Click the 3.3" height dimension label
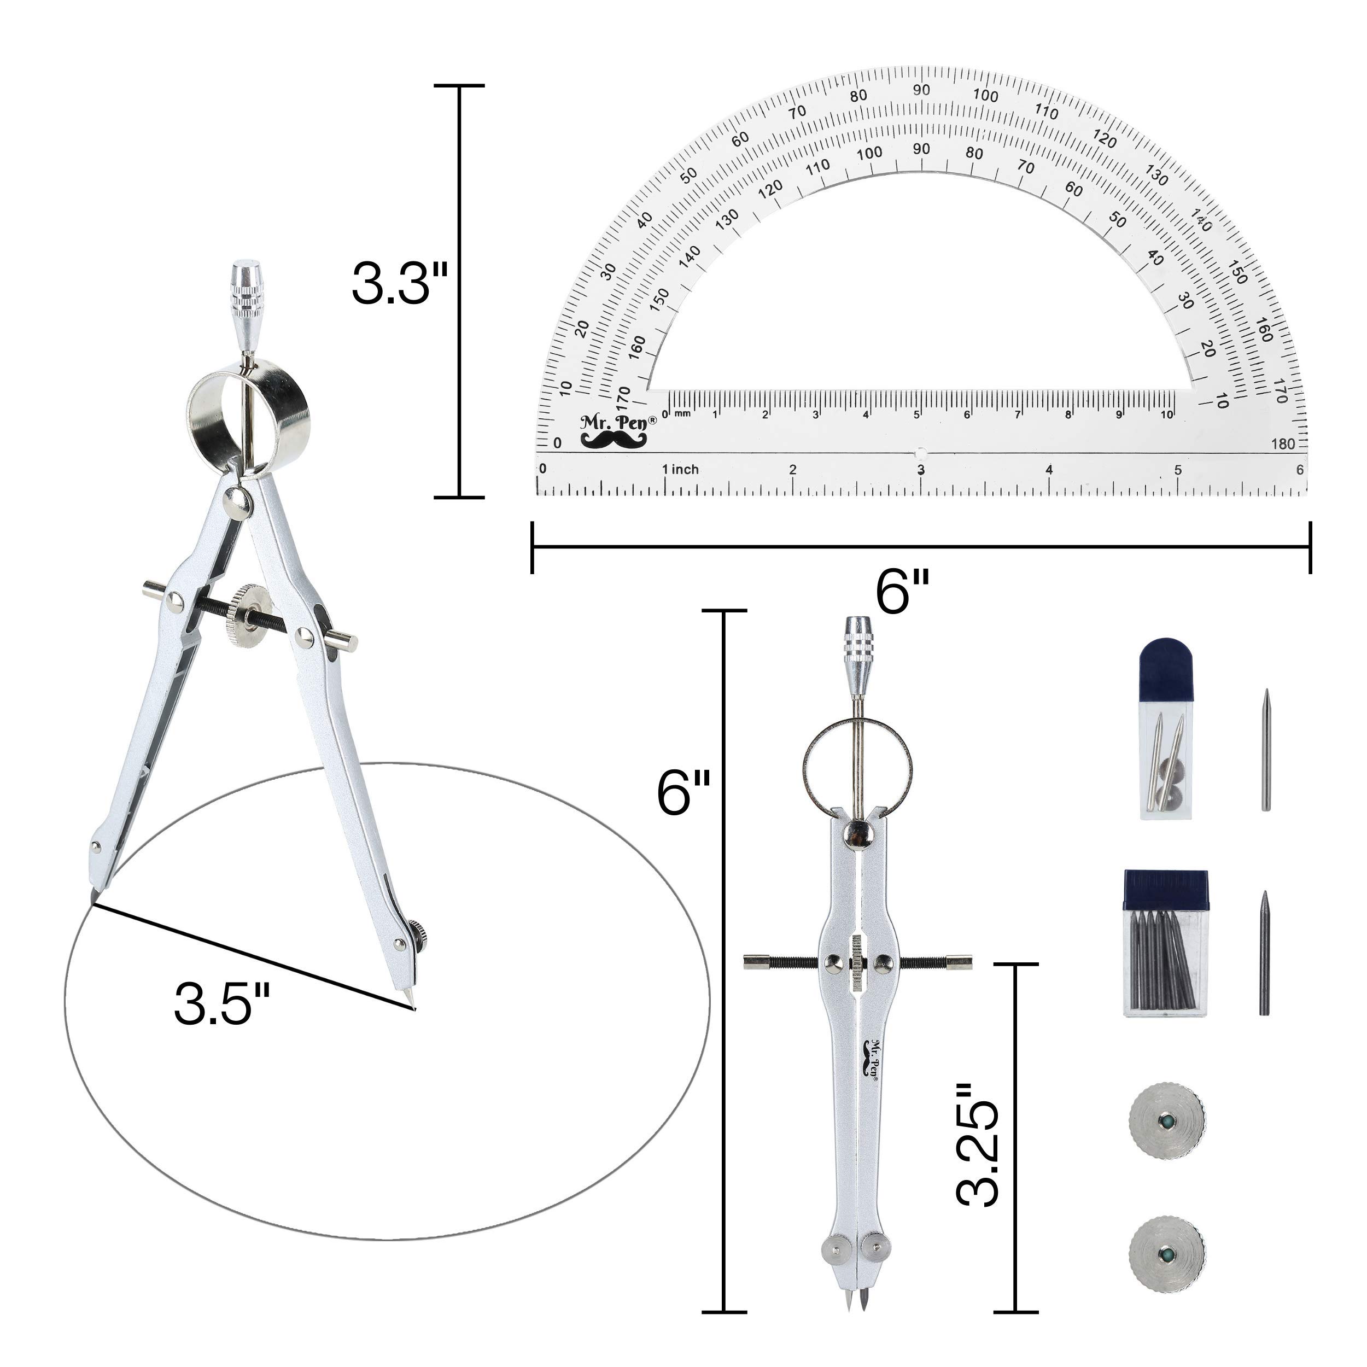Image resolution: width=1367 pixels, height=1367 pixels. (x=400, y=284)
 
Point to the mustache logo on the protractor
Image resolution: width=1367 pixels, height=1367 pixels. (x=614, y=440)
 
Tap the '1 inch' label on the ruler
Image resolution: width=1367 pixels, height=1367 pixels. (x=680, y=469)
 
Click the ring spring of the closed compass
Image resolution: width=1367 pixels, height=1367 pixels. (x=857, y=768)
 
